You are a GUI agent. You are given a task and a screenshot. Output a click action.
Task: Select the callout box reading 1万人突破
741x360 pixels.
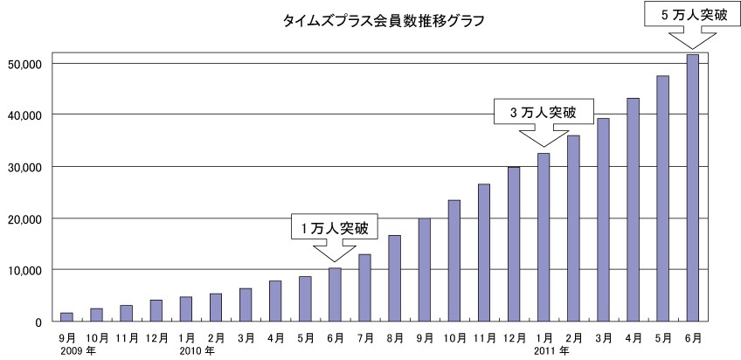[x=335, y=229]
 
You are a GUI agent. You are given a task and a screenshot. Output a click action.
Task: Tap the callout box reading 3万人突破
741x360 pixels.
[x=544, y=112]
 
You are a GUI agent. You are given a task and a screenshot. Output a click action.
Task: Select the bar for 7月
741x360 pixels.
[x=364, y=287]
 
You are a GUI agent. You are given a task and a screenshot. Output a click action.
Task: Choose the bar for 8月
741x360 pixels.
[x=394, y=278]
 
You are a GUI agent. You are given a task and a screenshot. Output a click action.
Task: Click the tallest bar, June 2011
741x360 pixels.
[x=692, y=188]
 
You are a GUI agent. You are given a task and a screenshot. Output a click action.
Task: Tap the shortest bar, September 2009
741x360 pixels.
[x=66, y=317]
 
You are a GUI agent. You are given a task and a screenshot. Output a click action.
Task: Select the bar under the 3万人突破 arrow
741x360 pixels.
[x=544, y=237]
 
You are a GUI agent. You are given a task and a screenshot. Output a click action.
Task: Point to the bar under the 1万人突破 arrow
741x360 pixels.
[x=335, y=294]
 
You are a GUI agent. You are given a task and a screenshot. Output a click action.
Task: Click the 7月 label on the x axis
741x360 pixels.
[x=364, y=336]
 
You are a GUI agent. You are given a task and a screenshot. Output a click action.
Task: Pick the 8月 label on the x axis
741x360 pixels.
[x=394, y=336]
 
